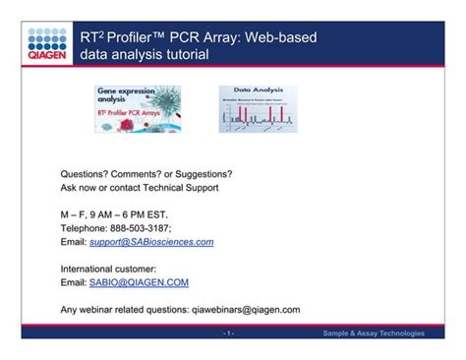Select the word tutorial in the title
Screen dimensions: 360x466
(x=184, y=55)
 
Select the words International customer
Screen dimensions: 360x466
(x=108, y=269)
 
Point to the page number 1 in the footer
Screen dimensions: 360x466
(x=228, y=334)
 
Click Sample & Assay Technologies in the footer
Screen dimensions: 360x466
(x=375, y=334)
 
